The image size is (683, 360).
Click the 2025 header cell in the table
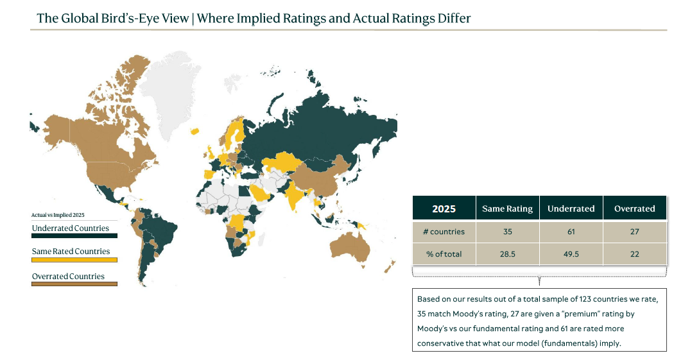coord(444,209)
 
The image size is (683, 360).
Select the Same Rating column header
coord(507,209)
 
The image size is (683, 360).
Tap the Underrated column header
coord(571,209)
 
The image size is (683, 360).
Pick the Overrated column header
coord(634,209)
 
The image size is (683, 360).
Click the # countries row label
coord(445,231)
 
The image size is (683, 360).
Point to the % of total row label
coord(444,254)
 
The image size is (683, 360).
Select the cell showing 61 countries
coord(571,231)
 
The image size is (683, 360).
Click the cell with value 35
coord(507,231)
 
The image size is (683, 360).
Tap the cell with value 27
coord(634,231)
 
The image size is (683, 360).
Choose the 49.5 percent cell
coord(571,254)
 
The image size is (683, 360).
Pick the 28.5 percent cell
coord(507,254)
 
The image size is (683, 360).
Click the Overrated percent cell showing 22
coord(634,254)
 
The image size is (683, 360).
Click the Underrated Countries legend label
coord(71,228)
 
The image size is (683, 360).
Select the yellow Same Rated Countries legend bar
coord(74,260)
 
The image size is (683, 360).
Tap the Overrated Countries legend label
coord(68,277)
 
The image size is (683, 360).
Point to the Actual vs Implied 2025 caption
coord(58,215)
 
